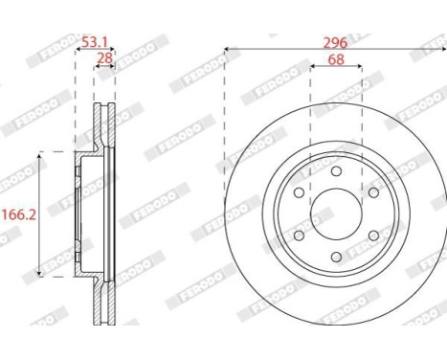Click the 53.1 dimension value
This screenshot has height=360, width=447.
tap(95, 41)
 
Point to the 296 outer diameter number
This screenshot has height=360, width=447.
tap(334, 41)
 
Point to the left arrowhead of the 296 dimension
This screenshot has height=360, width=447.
tap(228, 47)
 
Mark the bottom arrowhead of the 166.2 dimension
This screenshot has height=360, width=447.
tap(39, 273)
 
